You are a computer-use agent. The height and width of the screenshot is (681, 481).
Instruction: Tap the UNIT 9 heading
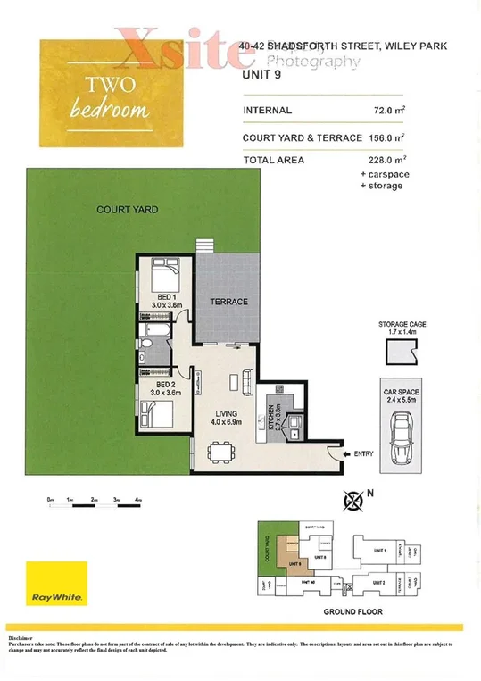coord(261,77)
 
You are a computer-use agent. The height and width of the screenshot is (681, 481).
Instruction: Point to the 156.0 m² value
coord(385,138)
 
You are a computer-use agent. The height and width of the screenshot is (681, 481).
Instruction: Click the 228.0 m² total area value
coord(385,161)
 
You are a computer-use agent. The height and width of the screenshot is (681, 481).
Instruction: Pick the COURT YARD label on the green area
coord(128,210)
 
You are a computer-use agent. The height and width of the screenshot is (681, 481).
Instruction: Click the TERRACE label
coord(228,302)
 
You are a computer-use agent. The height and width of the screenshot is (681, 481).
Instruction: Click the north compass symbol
coord(355,501)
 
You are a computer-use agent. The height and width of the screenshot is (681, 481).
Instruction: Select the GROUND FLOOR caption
coord(353,612)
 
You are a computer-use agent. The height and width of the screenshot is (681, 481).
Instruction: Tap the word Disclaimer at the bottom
coord(21,639)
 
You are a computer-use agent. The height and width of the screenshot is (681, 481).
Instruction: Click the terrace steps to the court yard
coord(207,246)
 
